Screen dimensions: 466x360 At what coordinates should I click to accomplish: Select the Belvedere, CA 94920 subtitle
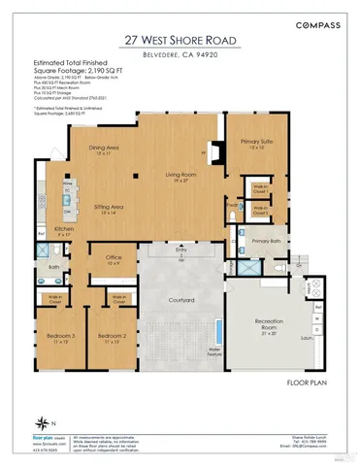(x=180, y=56)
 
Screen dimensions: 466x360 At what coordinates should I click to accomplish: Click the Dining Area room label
(x=105, y=149)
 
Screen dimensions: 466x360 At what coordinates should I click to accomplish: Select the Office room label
(x=114, y=259)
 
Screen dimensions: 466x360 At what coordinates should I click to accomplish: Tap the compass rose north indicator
(x=44, y=420)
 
